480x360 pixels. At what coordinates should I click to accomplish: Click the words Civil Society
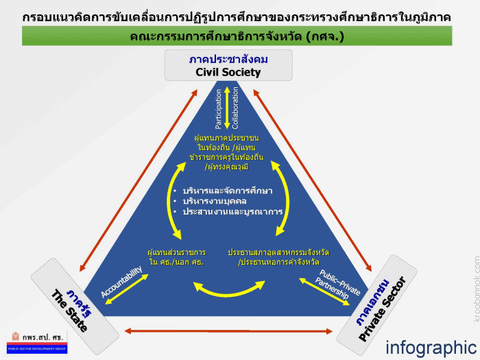click(x=228, y=72)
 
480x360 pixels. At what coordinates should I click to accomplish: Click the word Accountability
click(x=121, y=282)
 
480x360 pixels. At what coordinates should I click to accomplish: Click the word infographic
click(x=430, y=348)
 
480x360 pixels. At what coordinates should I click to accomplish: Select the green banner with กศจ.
click(x=237, y=36)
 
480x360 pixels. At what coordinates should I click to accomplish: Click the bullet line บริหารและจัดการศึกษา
click(x=226, y=190)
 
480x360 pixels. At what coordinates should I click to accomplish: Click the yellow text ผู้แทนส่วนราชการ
click(x=176, y=251)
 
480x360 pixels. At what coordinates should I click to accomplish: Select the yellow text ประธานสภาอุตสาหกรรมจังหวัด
click(x=278, y=251)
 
